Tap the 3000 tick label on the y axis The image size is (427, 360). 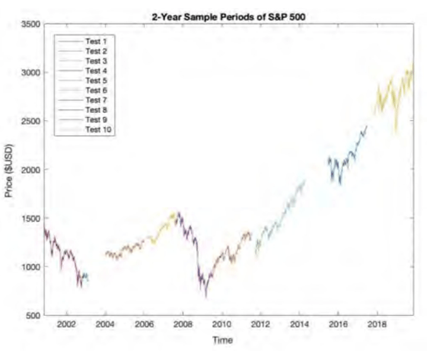(30, 72)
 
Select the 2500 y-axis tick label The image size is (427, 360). (30, 121)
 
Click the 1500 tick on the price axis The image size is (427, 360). (30, 218)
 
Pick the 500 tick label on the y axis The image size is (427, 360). (32, 316)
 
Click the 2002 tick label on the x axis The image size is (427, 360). (66, 325)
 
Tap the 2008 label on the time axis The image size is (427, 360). (183, 325)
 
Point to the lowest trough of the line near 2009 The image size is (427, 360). (206, 295)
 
